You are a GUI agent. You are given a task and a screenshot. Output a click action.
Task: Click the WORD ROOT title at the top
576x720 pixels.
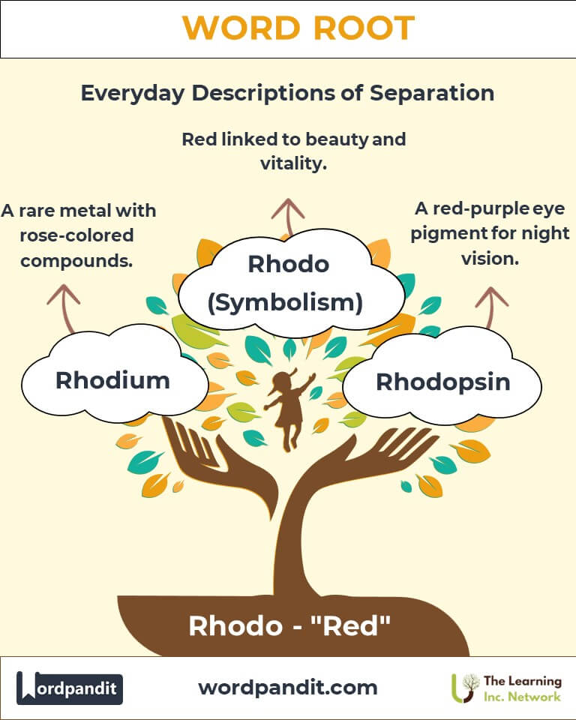pyautogui.click(x=298, y=28)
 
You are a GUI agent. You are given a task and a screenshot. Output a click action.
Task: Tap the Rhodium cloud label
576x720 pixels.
pyautogui.click(x=113, y=380)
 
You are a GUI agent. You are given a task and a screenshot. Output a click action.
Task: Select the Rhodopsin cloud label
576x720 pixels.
pyautogui.click(x=442, y=382)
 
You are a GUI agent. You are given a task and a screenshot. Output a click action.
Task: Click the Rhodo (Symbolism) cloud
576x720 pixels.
pyautogui.click(x=291, y=283)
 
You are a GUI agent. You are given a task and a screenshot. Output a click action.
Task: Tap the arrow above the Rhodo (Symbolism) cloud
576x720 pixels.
pyautogui.click(x=288, y=217)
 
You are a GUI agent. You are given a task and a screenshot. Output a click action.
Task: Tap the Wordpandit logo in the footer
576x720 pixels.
pyautogui.click(x=70, y=688)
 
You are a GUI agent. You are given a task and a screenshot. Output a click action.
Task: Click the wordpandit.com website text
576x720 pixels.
pyautogui.click(x=288, y=688)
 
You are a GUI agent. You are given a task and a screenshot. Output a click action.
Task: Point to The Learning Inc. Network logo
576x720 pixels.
pyautogui.click(x=507, y=688)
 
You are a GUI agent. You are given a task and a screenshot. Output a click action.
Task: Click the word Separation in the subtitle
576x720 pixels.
pyautogui.click(x=432, y=93)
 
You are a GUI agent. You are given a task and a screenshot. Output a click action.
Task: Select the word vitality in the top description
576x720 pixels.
pyautogui.click(x=293, y=163)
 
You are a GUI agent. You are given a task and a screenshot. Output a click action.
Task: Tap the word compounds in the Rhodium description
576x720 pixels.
pyautogui.click(x=76, y=261)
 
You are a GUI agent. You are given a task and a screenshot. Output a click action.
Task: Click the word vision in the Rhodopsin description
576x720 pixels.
pyautogui.click(x=490, y=259)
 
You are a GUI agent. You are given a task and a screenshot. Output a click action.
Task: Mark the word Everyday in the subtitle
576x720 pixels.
pyautogui.click(x=133, y=94)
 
